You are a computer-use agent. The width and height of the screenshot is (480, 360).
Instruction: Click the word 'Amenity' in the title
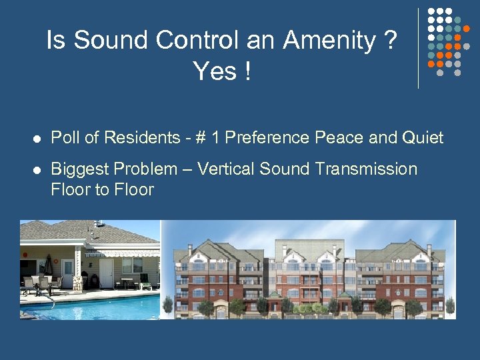pos(329,41)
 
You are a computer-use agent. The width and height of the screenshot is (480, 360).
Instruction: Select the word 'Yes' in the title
pos(215,70)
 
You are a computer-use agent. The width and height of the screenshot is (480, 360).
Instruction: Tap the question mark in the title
pos(390,41)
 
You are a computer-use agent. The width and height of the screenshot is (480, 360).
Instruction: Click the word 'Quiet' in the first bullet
pos(422,138)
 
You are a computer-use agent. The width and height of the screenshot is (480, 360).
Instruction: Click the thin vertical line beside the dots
pos(418,47)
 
